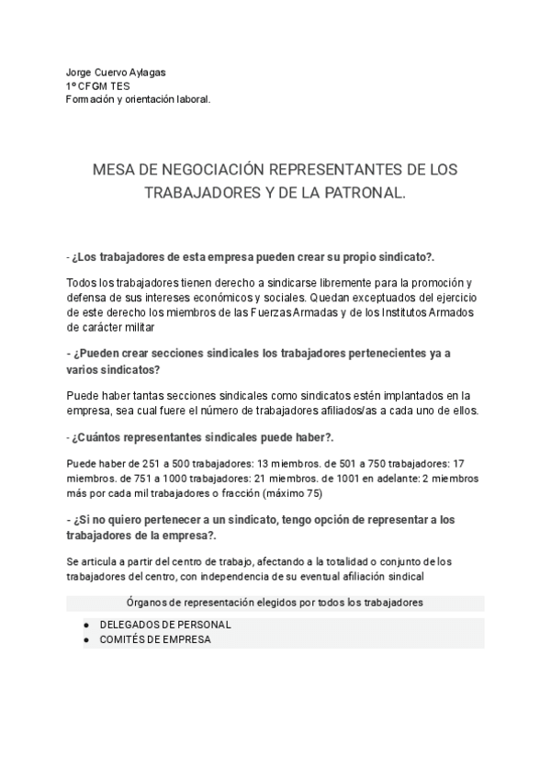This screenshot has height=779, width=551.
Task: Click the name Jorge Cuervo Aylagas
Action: click(x=117, y=73)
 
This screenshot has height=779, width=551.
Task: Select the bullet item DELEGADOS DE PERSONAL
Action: click(x=164, y=625)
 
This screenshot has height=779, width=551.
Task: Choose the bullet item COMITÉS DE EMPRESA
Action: click(x=155, y=639)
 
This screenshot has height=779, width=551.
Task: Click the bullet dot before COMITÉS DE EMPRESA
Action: click(x=86, y=639)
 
